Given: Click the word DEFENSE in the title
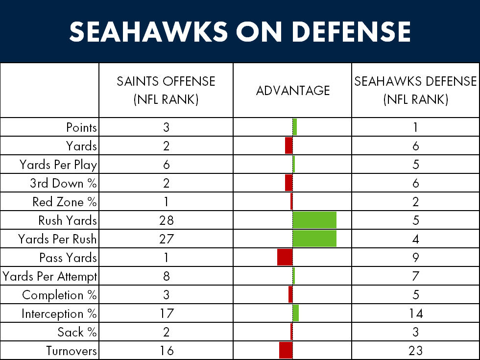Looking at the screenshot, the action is coord(351,31).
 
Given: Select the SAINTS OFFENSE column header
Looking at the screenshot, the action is coord(166,90).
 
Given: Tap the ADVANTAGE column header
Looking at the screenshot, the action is coord(293,91).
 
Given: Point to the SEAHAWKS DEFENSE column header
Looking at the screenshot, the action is coord(415,90).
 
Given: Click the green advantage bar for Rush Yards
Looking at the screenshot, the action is coord(314,220).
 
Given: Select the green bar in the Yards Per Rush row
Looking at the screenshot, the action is coord(314,239).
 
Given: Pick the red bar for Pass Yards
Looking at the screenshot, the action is coord(285,257).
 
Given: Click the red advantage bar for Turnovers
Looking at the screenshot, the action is coord(286,350).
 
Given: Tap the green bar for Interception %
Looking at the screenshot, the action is coord(296,313).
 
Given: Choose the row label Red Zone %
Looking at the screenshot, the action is coord(65,202).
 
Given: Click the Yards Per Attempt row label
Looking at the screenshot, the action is coord(50,276).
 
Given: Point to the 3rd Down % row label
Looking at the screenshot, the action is coord(63,183).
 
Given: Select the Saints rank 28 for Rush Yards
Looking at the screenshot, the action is coord(166,220).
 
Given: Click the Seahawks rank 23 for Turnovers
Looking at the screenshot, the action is coord(415,351).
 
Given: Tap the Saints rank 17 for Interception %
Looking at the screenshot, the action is coord(166,313).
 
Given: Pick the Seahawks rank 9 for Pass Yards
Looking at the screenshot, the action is coord(415,258).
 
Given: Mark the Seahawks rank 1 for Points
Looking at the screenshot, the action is coord(415,127).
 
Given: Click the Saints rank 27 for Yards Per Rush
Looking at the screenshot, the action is coord(166,239).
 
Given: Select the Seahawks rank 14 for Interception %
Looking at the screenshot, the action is coord(415,313).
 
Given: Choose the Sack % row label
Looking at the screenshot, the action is coord(77,332).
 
